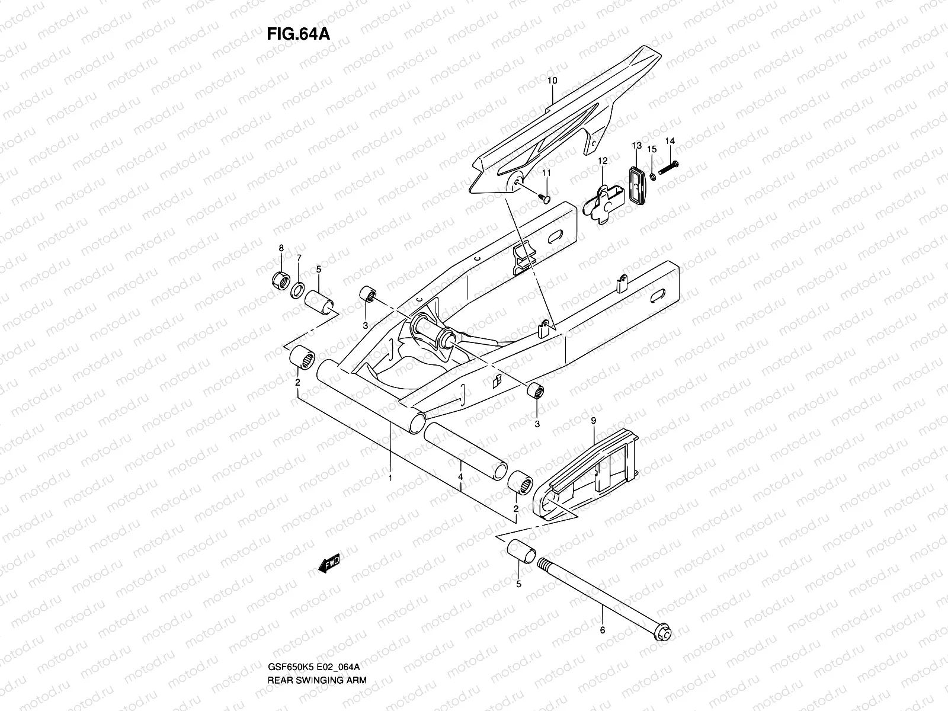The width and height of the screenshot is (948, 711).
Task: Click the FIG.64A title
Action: click(x=297, y=33)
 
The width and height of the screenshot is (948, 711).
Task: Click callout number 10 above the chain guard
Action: click(x=552, y=81)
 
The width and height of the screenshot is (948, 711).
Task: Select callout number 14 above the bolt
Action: click(x=670, y=141)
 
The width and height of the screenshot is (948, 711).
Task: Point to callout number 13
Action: click(x=636, y=145)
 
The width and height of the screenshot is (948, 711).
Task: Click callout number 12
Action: click(x=603, y=161)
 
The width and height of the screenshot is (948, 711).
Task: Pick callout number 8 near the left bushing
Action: click(x=281, y=247)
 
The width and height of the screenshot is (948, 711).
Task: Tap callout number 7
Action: click(x=299, y=258)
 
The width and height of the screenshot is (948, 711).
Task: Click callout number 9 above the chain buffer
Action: click(x=593, y=421)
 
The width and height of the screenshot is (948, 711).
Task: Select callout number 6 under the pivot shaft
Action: click(x=603, y=630)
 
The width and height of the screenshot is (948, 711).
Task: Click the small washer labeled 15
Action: click(x=652, y=176)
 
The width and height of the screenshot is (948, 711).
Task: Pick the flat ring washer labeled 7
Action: click(x=298, y=290)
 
